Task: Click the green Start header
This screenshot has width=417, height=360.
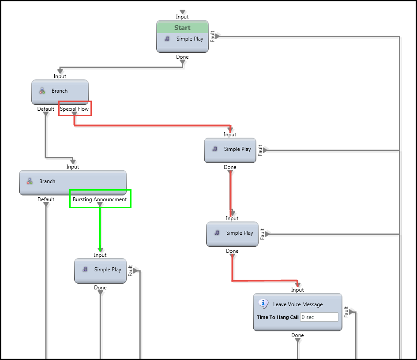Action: click(x=182, y=27)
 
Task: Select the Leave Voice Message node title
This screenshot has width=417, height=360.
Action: click(x=297, y=304)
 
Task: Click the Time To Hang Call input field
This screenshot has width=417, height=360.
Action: click(x=319, y=317)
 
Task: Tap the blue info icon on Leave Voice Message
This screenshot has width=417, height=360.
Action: click(x=263, y=304)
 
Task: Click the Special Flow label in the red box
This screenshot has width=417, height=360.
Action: click(x=74, y=109)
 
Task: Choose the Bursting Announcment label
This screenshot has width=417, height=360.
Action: click(x=100, y=199)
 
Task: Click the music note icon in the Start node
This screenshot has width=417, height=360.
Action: click(x=167, y=39)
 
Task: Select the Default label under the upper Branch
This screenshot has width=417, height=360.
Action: click(x=46, y=109)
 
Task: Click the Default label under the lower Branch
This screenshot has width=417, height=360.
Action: click(x=46, y=199)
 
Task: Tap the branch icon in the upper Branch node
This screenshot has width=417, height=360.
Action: click(x=42, y=91)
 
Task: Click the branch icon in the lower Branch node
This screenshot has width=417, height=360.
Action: click(x=30, y=181)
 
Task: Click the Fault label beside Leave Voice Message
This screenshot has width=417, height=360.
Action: click(x=346, y=312)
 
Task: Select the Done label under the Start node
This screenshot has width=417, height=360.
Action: click(x=182, y=57)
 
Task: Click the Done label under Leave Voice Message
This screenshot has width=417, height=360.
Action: click(x=297, y=335)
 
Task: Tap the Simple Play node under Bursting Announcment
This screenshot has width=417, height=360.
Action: click(x=100, y=270)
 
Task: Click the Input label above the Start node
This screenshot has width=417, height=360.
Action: click(x=182, y=17)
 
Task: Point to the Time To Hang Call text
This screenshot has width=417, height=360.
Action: click(x=278, y=317)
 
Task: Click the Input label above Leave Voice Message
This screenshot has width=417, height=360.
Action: click(x=297, y=290)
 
